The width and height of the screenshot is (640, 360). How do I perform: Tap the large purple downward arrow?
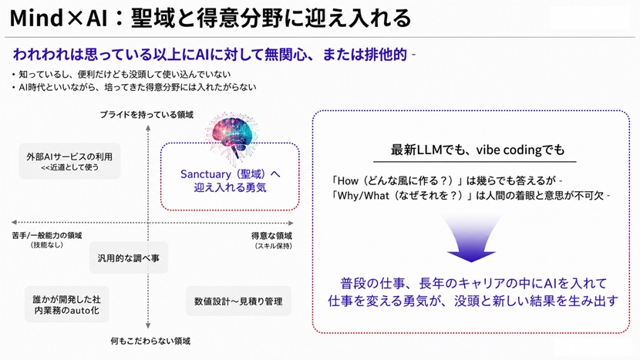(471, 239)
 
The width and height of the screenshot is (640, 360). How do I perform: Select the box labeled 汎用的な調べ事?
(129, 258)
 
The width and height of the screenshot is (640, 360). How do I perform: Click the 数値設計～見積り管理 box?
(238, 301)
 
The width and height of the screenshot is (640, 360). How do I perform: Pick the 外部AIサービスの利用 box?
(69, 161)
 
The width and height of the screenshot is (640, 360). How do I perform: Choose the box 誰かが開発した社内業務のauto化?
(66, 304)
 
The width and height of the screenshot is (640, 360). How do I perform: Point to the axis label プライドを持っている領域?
(147, 115)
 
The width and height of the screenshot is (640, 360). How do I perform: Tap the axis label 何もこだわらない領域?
(150, 341)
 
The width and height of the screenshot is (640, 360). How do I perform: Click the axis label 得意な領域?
(271, 236)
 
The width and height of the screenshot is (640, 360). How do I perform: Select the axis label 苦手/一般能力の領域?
(46, 236)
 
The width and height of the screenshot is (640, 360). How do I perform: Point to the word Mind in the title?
(37, 18)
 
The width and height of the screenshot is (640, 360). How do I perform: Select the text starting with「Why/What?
(470, 196)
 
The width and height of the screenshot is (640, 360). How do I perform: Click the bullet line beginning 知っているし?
(121, 74)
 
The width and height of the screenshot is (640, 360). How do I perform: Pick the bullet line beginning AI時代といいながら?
(134, 87)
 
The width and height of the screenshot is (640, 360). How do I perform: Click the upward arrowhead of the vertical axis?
(148, 128)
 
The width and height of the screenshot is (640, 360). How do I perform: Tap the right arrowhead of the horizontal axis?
(291, 223)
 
